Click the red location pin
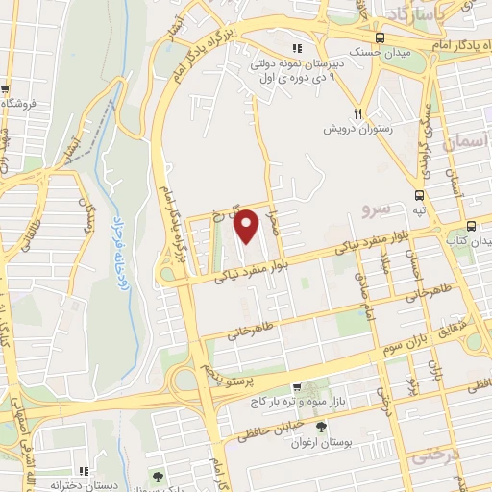(247, 226)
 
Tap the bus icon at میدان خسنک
(381, 37)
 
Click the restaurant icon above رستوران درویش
(357, 111)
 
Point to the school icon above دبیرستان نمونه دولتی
(298, 48)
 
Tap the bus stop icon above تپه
(418, 195)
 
